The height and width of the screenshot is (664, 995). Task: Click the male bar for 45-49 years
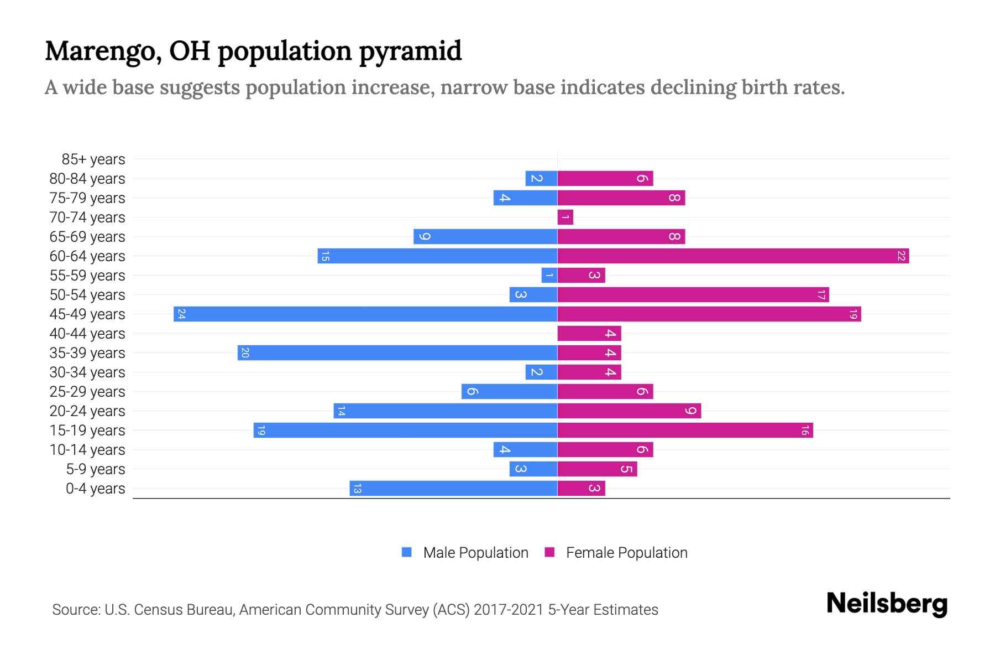pyautogui.click(x=365, y=314)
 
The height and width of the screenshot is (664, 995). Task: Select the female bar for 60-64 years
pyautogui.click(x=732, y=256)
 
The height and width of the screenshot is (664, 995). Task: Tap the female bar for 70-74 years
pyautogui.click(x=565, y=217)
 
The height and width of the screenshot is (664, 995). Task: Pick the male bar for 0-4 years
pyautogui.click(x=453, y=488)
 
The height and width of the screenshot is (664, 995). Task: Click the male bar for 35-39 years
pyautogui.click(x=397, y=352)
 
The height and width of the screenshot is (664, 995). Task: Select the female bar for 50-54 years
pyautogui.click(x=693, y=294)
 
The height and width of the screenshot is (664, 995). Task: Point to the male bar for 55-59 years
pyautogui.click(x=549, y=275)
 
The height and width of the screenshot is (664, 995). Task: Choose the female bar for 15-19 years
pyautogui.click(x=685, y=430)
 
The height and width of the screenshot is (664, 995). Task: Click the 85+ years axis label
pyautogui.click(x=93, y=159)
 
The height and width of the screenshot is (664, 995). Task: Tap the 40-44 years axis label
pyautogui.click(x=87, y=334)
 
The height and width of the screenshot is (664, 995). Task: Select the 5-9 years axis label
pyautogui.click(x=95, y=469)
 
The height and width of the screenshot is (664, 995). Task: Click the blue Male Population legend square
pyautogui.click(x=407, y=552)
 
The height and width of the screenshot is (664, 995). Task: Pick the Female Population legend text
pyautogui.click(x=626, y=552)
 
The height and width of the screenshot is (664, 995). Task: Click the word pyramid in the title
pyautogui.click(x=410, y=51)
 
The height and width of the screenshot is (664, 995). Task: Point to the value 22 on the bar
pyautogui.click(x=901, y=256)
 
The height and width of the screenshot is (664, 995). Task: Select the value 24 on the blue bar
pyautogui.click(x=181, y=314)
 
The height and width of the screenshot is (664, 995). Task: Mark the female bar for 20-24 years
pyautogui.click(x=629, y=411)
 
